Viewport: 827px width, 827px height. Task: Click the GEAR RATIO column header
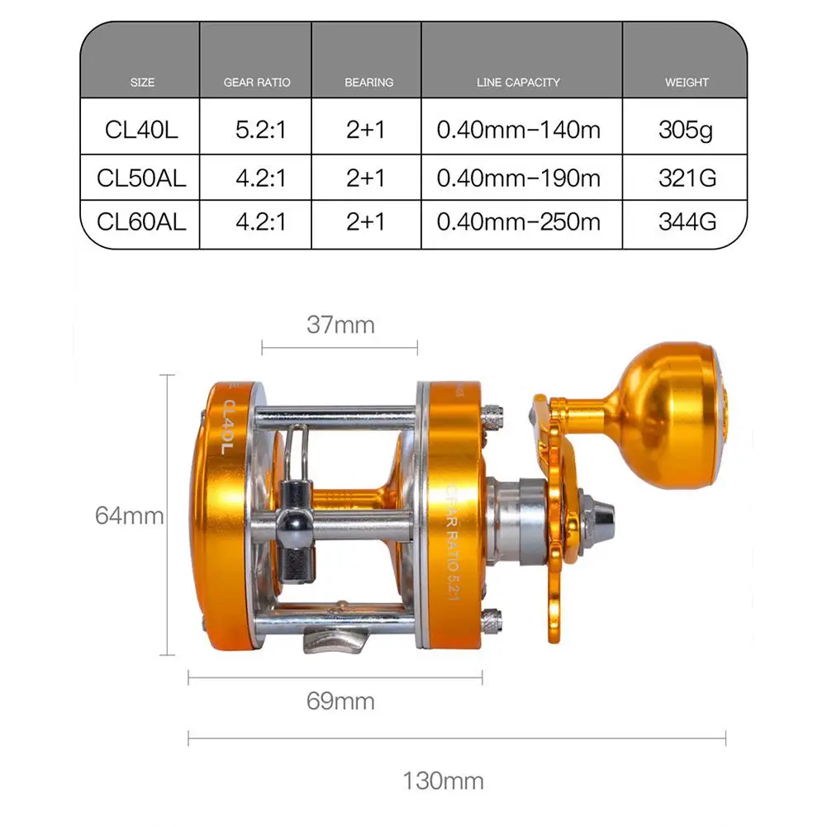tap(257, 83)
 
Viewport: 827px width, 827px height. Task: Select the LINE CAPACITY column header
tap(518, 83)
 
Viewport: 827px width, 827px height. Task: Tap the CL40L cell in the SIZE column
tap(141, 130)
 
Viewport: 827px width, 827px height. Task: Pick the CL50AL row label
tap(141, 178)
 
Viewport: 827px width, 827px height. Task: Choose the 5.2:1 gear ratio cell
tap(260, 130)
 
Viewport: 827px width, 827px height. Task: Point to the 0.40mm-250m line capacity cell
tap(519, 222)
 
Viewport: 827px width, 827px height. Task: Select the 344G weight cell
tap(687, 222)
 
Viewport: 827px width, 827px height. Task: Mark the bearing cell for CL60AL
tap(365, 222)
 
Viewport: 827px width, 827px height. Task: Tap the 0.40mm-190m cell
tap(519, 178)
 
